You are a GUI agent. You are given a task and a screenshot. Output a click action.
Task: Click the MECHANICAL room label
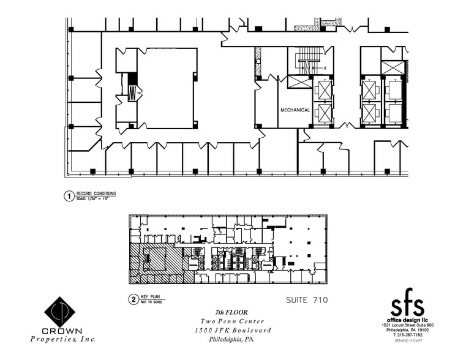point(295,110)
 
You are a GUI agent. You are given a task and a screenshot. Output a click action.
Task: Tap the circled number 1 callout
point(69,197)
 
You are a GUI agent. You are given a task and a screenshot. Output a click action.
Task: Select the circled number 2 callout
point(133,299)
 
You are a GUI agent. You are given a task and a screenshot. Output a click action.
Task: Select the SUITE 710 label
point(307,300)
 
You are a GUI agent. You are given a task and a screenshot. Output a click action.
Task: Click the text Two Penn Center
point(232,321)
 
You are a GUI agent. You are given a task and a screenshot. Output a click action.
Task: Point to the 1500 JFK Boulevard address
point(232,331)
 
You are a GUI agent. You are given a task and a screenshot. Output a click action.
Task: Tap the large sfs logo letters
point(407,304)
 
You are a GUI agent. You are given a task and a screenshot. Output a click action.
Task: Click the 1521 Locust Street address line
point(407,325)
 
